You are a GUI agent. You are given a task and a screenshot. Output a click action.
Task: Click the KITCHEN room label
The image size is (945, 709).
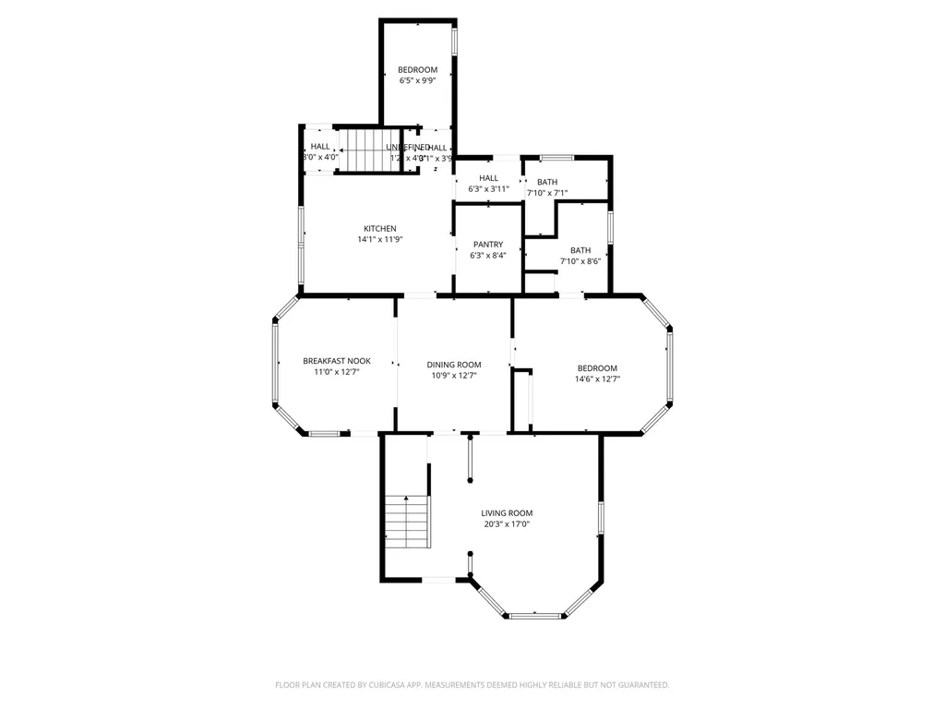[x=379, y=228]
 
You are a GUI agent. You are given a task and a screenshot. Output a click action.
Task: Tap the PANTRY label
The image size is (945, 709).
[x=488, y=245]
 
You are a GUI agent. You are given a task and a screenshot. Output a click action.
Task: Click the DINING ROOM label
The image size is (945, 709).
[x=454, y=365]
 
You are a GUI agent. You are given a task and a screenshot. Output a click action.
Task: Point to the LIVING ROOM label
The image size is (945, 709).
[x=507, y=513]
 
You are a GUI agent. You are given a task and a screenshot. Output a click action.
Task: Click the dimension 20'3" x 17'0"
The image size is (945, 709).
[x=507, y=524]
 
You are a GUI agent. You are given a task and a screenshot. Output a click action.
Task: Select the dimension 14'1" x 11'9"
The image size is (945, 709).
[x=380, y=239]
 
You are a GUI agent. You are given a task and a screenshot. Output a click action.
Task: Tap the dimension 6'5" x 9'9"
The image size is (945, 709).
[x=417, y=80]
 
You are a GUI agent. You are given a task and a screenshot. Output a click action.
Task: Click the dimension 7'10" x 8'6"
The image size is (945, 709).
[x=580, y=261]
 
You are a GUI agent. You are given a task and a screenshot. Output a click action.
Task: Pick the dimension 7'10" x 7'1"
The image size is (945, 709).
[x=547, y=193]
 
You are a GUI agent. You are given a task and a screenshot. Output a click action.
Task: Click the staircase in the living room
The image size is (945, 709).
[x=407, y=522]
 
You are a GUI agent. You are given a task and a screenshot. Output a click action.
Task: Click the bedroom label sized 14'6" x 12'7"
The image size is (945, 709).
[x=597, y=368]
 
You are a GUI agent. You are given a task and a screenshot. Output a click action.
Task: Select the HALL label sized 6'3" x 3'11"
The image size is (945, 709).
[x=488, y=178]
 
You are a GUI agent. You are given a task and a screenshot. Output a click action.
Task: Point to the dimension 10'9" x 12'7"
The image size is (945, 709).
[x=454, y=376]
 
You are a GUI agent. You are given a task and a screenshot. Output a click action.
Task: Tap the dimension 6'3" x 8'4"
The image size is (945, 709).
[x=488, y=255]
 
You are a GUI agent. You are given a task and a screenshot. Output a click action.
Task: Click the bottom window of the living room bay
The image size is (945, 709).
[x=535, y=615]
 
